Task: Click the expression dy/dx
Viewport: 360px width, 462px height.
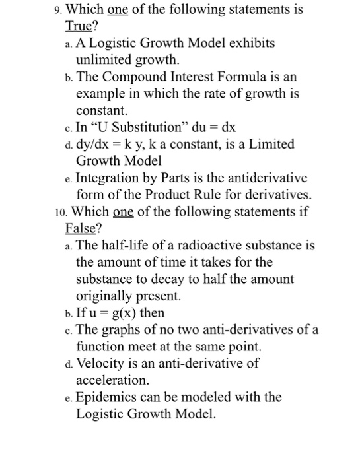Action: pos(96,144)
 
